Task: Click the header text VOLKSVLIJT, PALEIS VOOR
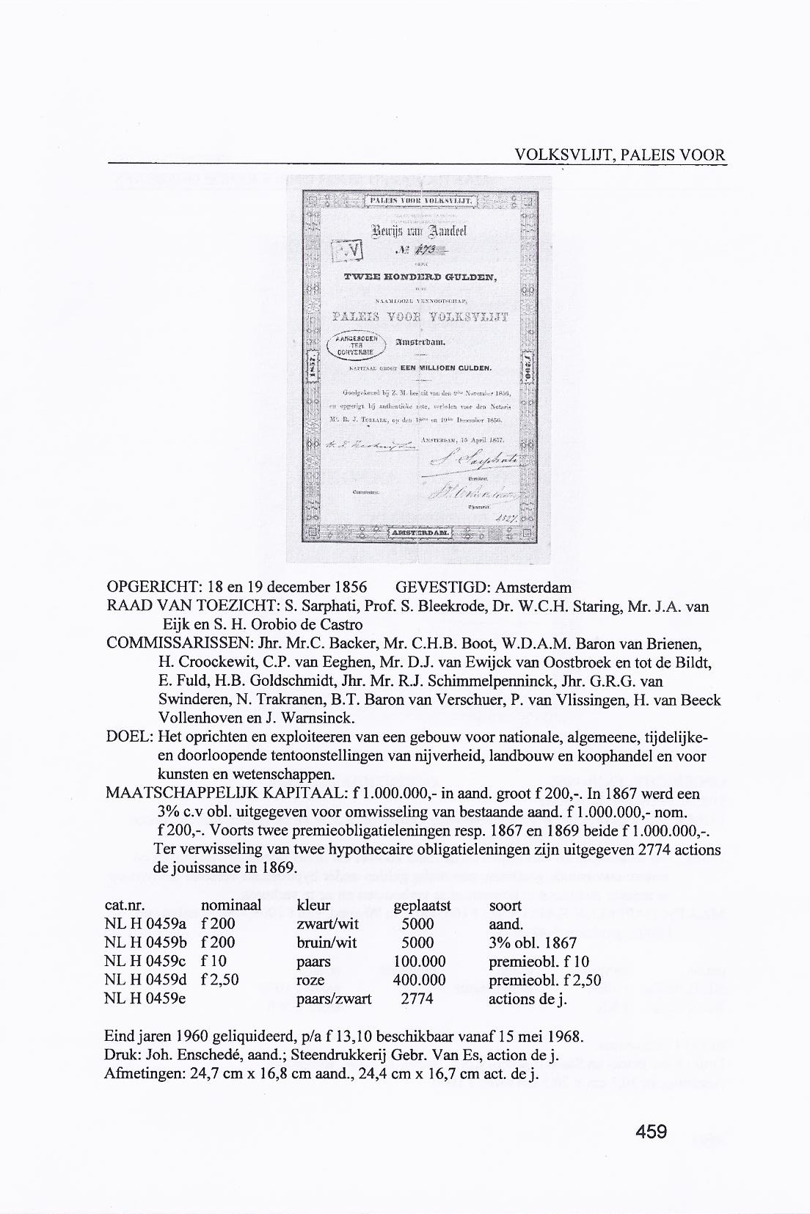click(620, 155)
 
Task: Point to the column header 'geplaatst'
click(421, 905)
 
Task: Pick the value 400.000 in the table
click(420, 980)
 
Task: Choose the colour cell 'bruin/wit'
click(326, 943)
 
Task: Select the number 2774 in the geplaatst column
click(417, 998)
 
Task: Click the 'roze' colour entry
click(310, 980)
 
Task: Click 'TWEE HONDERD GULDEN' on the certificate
click(420, 277)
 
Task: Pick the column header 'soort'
click(506, 905)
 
